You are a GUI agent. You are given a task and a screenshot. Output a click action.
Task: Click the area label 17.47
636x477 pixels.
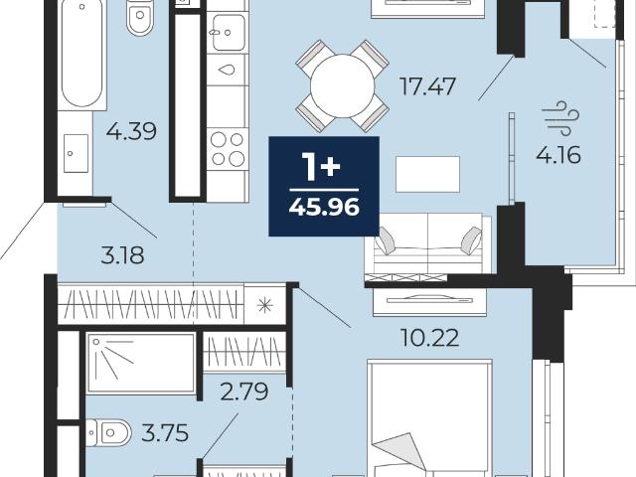[427, 86]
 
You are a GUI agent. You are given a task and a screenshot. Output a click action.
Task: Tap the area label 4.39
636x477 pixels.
[131, 131]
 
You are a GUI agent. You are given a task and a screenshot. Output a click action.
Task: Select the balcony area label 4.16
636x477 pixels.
[558, 155]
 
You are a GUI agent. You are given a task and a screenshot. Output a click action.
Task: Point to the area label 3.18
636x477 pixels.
[122, 256]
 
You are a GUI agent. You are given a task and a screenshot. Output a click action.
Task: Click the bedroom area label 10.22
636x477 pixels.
[429, 338]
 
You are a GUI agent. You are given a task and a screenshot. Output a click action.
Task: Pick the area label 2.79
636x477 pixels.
[244, 392]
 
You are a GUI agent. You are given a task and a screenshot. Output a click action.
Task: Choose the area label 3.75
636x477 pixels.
[165, 433]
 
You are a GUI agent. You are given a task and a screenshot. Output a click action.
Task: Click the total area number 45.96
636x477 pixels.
[324, 208]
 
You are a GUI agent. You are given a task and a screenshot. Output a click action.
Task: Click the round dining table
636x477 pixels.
[343, 86]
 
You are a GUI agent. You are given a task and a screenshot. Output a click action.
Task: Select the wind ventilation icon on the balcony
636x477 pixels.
[560, 118]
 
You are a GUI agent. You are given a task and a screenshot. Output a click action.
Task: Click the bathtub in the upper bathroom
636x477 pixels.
[81, 53]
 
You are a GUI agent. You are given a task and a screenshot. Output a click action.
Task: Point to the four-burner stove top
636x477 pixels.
[228, 149]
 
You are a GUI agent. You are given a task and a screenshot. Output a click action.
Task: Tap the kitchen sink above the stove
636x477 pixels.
[228, 33]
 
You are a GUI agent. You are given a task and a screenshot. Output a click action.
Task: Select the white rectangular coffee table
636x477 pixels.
[428, 174]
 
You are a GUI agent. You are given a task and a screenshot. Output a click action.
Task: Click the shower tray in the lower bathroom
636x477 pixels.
[141, 364]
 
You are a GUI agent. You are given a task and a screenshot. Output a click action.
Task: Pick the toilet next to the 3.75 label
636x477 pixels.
[108, 433]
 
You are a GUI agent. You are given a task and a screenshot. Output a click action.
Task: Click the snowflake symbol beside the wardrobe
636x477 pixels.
[265, 305]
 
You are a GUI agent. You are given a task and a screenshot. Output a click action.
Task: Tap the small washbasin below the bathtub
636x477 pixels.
[76, 153]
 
